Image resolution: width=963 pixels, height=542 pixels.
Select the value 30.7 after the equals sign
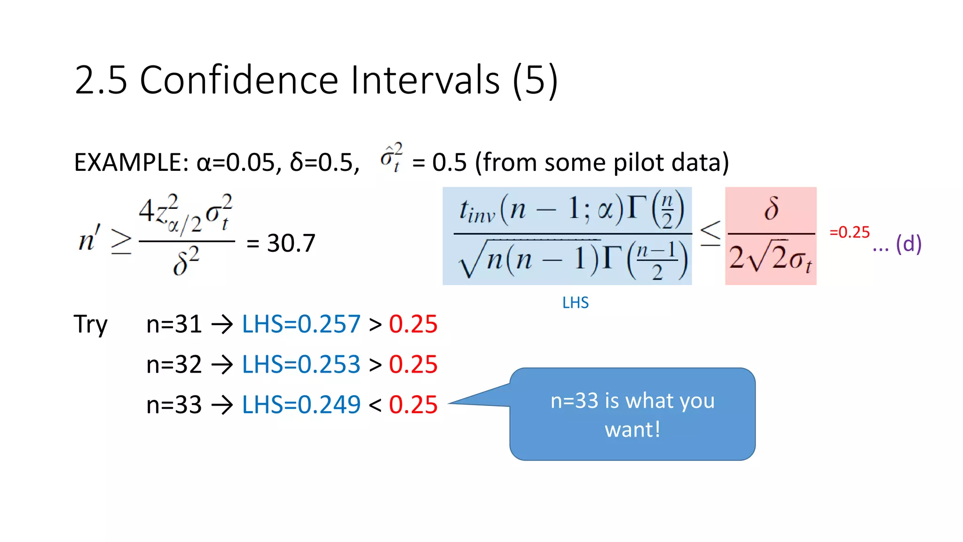(x=291, y=243)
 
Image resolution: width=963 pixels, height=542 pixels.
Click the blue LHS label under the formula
(x=575, y=303)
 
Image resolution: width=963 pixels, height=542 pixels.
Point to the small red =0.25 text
(x=849, y=232)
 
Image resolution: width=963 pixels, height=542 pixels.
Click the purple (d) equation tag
(x=908, y=244)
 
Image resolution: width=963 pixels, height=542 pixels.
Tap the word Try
(x=91, y=325)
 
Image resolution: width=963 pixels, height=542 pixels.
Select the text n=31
(x=174, y=325)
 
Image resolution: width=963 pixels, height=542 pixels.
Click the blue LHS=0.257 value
(x=301, y=325)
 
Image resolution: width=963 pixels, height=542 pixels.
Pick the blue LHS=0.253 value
(x=301, y=365)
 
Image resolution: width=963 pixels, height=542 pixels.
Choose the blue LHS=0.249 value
(x=301, y=405)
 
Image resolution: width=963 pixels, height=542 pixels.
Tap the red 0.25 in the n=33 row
(x=413, y=405)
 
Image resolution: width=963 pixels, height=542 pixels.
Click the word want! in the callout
(x=632, y=430)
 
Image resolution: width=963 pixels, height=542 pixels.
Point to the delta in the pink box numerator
(x=771, y=208)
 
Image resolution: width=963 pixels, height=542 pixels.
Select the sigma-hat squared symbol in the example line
(x=391, y=158)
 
